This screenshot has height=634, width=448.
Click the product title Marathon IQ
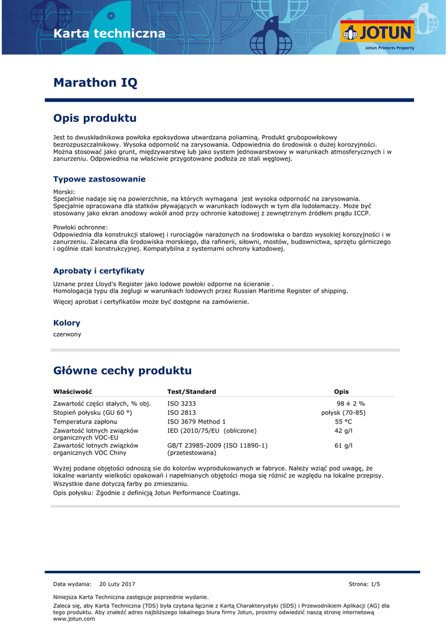tap(95, 82)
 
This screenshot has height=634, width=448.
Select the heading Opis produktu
tap(95, 118)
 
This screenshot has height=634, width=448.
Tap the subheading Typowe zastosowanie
tap(99, 180)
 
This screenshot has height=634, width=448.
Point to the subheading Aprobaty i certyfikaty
tap(98, 271)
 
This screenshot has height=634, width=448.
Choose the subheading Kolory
tap(67, 323)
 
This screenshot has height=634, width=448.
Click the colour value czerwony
tap(67, 334)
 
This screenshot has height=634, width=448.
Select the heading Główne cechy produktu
tap(123, 371)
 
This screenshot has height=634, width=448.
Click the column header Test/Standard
tap(191, 392)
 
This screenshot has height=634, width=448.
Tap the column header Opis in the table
tap(341, 392)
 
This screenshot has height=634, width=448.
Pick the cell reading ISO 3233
tap(181, 404)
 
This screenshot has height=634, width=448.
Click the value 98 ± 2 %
tap(351, 404)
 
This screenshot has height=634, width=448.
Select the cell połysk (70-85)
tap(343, 412)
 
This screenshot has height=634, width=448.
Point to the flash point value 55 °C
tap(343, 422)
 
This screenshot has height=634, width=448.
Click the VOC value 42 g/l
tap(343, 430)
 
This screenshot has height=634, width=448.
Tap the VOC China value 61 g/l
tap(343, 445)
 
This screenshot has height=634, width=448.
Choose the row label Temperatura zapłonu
tap(85, 422)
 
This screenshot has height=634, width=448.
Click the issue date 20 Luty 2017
tap(117, 584)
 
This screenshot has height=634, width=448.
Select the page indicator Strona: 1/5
tap(364, 584)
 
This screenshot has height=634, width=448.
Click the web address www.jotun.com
tap(69, 619)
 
